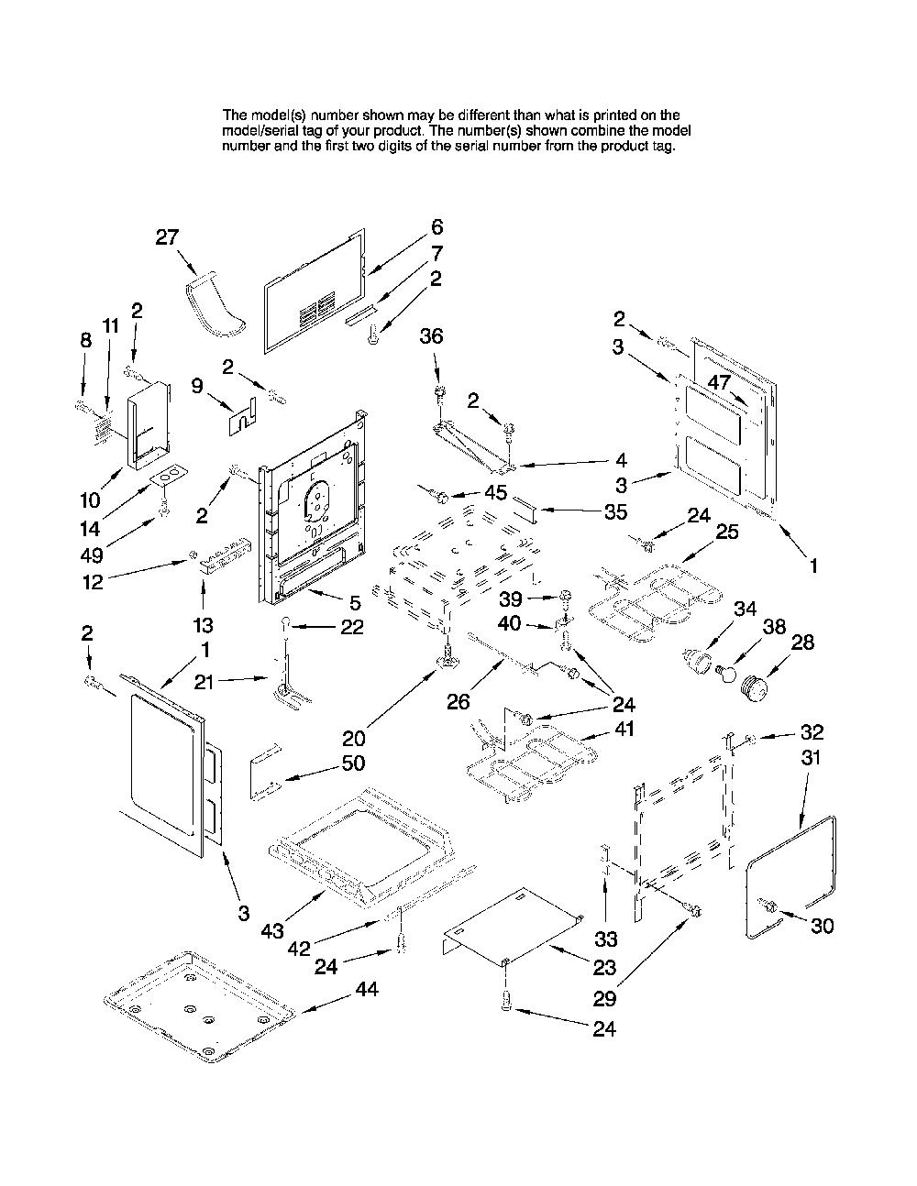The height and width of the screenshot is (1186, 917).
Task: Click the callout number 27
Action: [x=167, y=237]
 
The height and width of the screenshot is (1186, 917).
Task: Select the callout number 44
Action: [x=367, y=989]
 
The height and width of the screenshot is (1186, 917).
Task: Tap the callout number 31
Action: [x=811, y=758]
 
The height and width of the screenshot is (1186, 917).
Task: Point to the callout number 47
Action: [x=719, y=381]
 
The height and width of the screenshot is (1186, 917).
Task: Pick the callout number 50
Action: [x=353, y=763]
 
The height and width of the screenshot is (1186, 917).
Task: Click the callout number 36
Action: [x=431, y=336]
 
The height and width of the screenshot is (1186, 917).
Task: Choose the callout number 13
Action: [x=203, y=624]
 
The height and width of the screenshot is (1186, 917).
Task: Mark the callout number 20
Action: [x=354, y=739]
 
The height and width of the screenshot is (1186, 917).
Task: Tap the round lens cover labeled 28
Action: [x=753, y=687]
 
